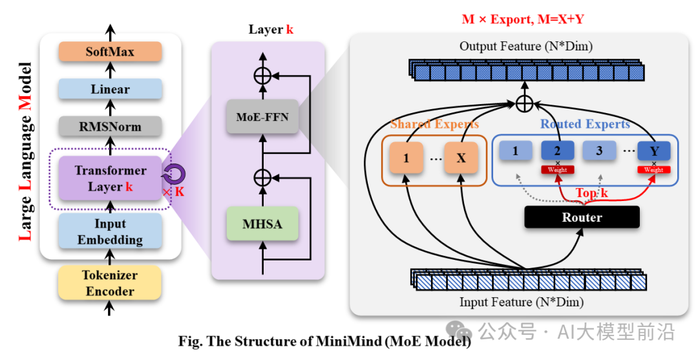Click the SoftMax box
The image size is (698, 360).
110,52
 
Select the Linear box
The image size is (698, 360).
110,89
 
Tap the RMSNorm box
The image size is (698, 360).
110,127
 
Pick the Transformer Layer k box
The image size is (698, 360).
110,178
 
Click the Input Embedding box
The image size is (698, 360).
110,231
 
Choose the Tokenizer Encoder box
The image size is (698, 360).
110,283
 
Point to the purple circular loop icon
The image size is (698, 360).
174,174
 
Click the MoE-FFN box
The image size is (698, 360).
262,116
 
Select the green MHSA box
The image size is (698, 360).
262,224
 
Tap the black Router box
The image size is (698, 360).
582,217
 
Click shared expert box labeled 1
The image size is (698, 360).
405,158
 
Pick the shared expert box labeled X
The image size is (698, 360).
461,158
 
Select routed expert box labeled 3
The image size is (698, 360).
599,151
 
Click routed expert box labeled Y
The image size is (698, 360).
654,151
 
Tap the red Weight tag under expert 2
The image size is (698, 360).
557,169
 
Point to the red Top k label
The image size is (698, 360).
591,193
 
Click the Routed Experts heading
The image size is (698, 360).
585,124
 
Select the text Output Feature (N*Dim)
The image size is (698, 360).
525,47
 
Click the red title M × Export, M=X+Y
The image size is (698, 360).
523,19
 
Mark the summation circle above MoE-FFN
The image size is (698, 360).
262,76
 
